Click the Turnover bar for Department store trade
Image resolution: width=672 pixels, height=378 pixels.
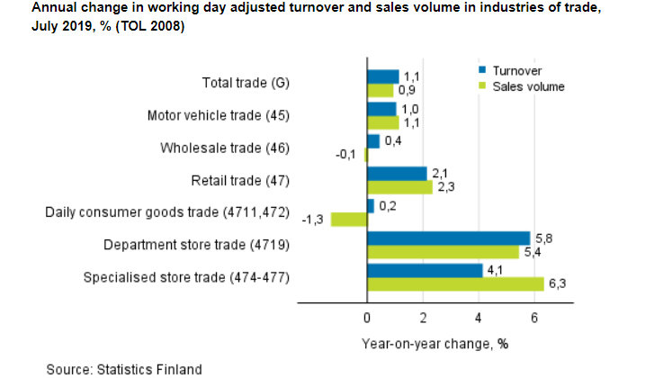click(447, 238)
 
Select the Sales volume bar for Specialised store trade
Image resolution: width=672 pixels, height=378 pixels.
click(454, 283)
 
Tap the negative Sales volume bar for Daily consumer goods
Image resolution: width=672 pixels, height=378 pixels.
click(348, 219)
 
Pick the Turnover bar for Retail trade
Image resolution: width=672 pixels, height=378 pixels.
click(396, 173)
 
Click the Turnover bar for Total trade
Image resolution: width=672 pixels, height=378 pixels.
click(382, 76)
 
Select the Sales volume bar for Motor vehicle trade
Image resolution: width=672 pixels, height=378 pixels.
click(382, 122)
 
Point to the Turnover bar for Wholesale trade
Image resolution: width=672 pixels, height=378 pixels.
click(372, 141)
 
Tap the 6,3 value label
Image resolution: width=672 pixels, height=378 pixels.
click(558, 284)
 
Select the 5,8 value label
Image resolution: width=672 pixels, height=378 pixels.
click(543, 238)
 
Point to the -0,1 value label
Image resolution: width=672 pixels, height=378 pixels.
click(346, 155)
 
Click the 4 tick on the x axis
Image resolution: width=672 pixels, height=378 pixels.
click(479, 319)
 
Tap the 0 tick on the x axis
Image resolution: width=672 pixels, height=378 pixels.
click(367, 319)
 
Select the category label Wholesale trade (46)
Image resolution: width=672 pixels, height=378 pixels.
click(224, 148)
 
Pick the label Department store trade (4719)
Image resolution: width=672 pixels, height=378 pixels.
click(197, 245)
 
